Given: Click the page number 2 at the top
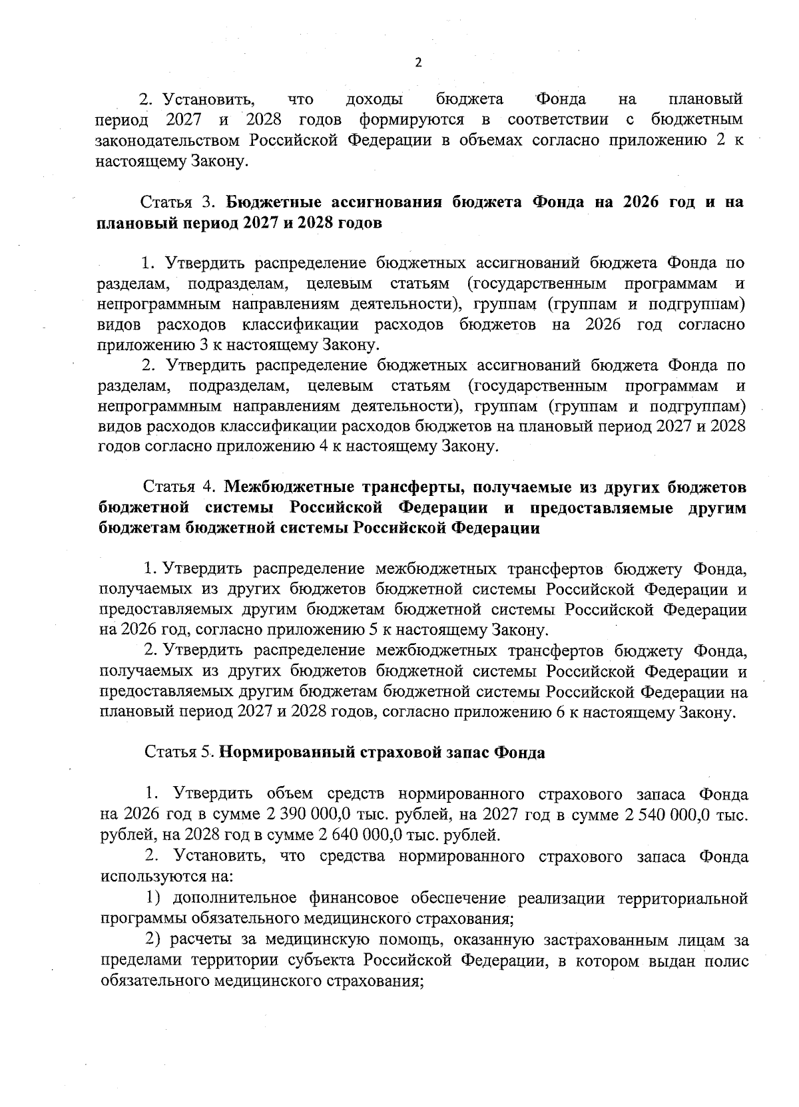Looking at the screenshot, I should pyautogui.click(x=418, y=63).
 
